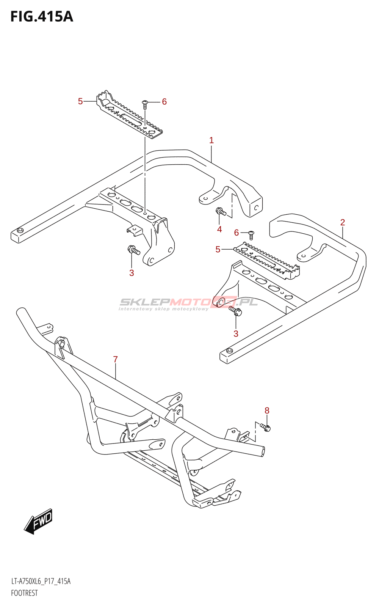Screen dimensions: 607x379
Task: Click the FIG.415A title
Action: (x=42, y=17)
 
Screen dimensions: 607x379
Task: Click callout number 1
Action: (x=211, y=140)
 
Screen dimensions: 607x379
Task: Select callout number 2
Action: (x=343, y=222)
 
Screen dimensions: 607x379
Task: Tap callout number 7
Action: (x=115, y=359)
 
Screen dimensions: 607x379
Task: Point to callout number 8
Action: (x=267, y=410)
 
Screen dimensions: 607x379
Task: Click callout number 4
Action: (x=219, y=229)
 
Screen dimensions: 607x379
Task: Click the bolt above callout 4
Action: (x=221, y=212)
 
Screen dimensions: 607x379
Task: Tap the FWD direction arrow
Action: (x=38, y=521)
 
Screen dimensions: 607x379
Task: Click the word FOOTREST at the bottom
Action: (x=24, y=593)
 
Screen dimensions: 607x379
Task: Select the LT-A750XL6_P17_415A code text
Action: (x=41, y=581)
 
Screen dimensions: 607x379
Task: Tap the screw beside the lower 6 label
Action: (x=251, y=234)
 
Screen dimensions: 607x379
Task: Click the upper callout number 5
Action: (x=80, y=101)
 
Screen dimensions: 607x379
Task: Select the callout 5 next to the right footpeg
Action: (x=218, y=249)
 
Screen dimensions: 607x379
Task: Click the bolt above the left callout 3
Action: (x=134, y=250)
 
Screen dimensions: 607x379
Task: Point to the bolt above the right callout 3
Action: (x=235, y=311)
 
